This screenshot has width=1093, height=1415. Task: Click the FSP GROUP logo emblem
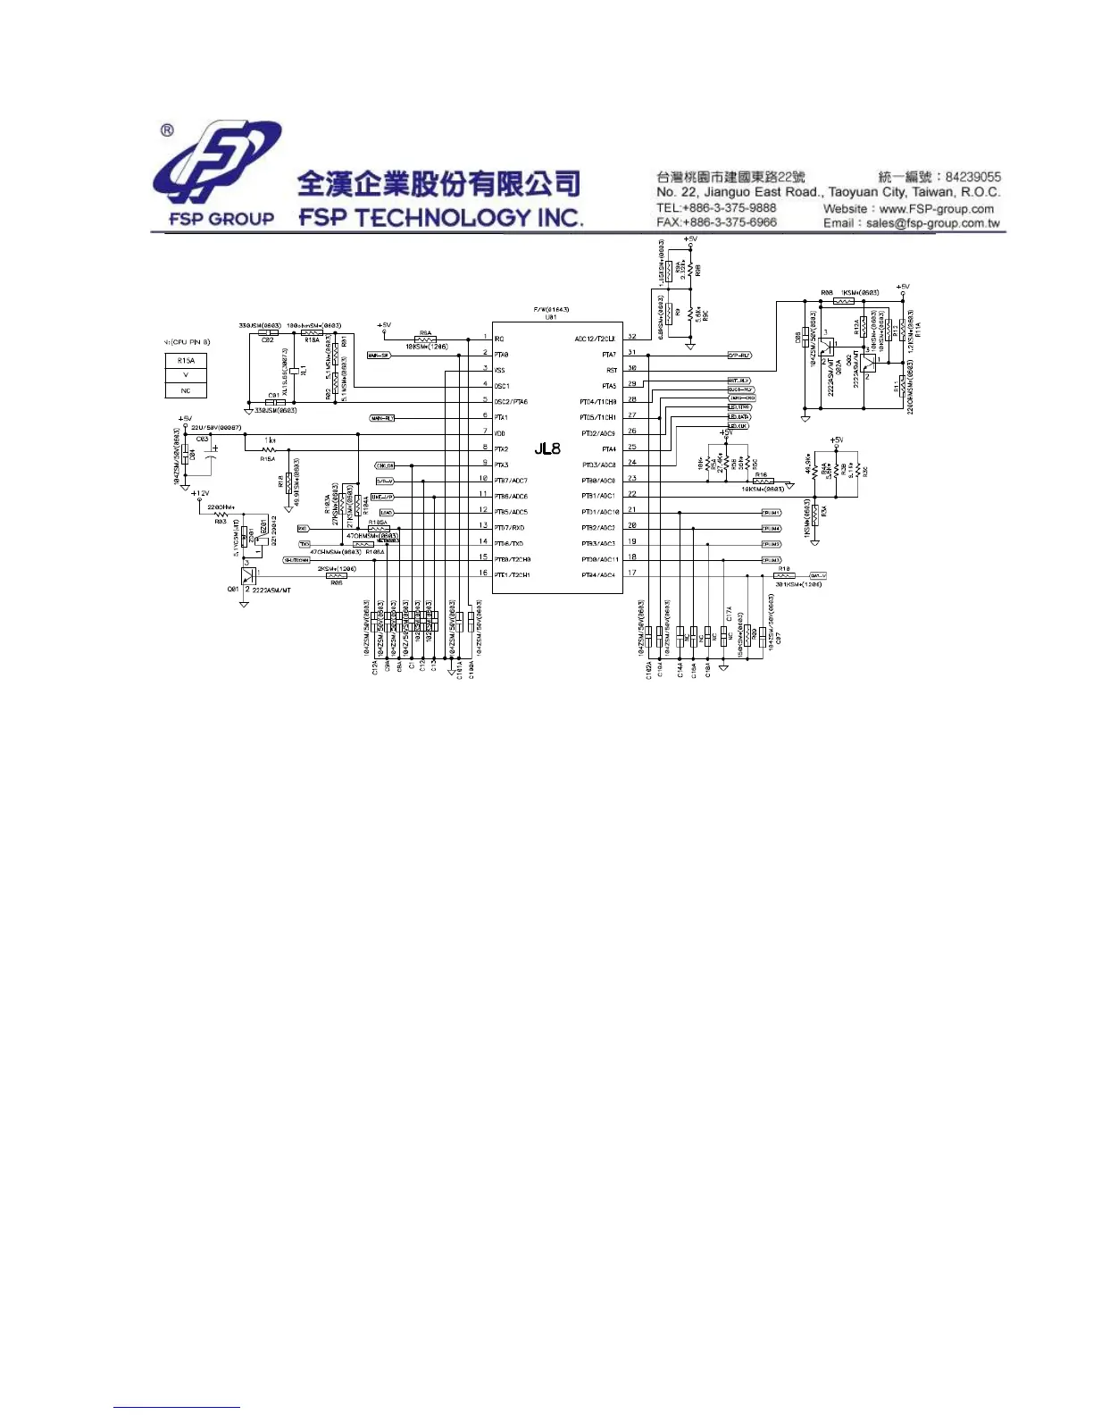[x=217, y=165]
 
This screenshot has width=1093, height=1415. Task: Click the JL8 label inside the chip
[x=547, y=448]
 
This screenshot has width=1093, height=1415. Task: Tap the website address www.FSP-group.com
[x=936, y=208]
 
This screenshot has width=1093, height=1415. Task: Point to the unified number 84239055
[x=972, y=177]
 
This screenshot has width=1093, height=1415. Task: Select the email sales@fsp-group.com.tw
[x=932, y=223]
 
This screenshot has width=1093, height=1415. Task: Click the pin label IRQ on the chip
[x=499, y=339]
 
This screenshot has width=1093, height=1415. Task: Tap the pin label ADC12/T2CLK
[x=596, y=339]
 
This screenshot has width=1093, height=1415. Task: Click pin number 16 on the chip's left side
[x=484, y=574]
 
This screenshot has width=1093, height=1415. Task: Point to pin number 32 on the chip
[x=632, y=337]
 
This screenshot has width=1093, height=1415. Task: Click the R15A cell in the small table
[x=186, y=360]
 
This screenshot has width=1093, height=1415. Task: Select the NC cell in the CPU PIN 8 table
[x=186, y=390]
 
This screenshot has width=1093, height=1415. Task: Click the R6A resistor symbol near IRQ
[x=426, y=339]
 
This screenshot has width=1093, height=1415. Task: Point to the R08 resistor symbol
[x=842, y=301]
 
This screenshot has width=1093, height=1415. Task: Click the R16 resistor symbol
[x=761, y=481]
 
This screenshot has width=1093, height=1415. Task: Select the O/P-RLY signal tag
[x=739, y=355]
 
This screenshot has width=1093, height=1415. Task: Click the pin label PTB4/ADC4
[x=599, y=574]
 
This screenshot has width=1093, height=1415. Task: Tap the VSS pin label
[x=500, y=370]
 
